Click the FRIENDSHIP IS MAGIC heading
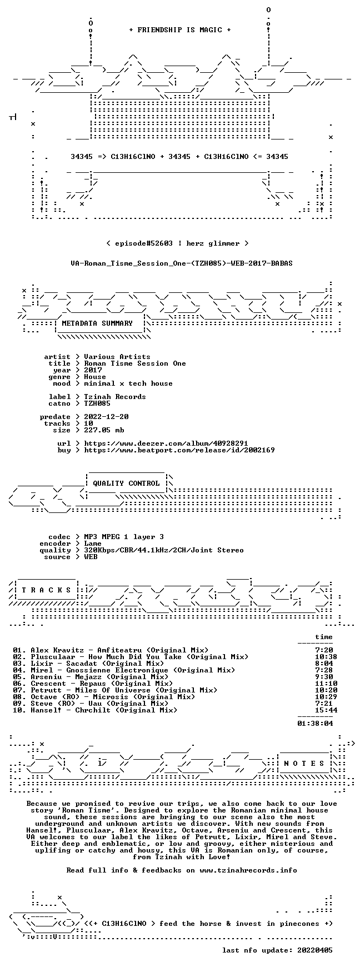tap(179, 30)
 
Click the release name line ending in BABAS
tap(182, 263)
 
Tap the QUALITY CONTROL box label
tap(126, 483)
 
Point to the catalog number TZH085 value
tap(97, 403)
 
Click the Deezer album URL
tap(166, 443)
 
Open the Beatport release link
tap(179, 450)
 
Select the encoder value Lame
tap(93, 544)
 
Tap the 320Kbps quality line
tap(164, 550)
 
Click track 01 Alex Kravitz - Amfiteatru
tap(111, 650)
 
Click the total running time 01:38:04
tap(315, 724)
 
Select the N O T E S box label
tap(304, 764)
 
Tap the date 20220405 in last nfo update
tap(315, 950)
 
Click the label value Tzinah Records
tap(115, 397)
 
